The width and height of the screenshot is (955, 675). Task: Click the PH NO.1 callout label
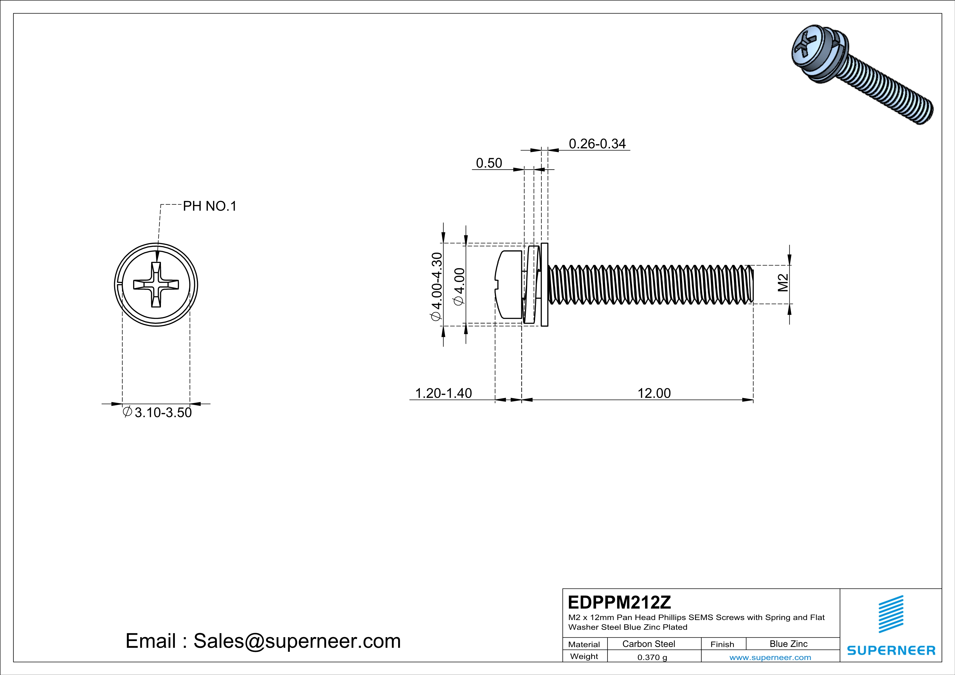[210, 206]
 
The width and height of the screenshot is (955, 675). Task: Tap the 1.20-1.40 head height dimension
[443, 393]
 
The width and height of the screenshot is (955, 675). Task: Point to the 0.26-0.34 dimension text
[597, 144]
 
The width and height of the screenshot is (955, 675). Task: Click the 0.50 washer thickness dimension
[489, 163]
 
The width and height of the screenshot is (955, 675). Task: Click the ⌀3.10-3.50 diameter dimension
[158, 412]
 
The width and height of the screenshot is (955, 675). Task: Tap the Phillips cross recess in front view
[156, 285]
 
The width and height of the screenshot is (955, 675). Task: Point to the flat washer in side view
[544, 285]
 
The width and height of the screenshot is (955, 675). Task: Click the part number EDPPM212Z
[619, 602]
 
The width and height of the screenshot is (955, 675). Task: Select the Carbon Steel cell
[648, 644]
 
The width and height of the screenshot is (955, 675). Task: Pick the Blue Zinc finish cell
[788, 644]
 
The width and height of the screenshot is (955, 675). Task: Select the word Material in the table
[584, 644]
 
